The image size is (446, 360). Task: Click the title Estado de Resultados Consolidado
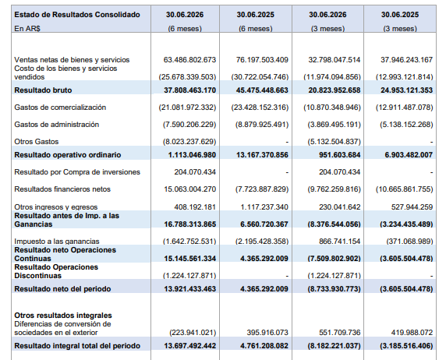click(x=77, y=15)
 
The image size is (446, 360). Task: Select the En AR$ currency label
click(x=27, y=28)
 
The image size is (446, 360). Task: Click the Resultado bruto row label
click(x=43, y=90)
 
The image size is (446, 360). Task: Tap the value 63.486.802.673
click(x=189, y=60)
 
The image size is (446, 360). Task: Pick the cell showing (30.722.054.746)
click(x=260, y=77)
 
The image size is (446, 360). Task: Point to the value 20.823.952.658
click(x=334, y=90)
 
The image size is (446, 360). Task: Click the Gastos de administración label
click(x=57, y=124)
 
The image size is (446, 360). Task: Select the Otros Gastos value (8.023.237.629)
click(x=189, y=142)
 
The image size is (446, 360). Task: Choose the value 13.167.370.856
click(x=262, y=155)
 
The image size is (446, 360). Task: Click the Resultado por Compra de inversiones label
click(x=77, y=172)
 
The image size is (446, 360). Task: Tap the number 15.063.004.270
click(x=189, y=189)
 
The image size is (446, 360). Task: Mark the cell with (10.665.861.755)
click(x=404, y=189)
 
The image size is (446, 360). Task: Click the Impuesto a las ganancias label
click(x=57, y=242)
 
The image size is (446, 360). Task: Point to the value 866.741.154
click(x=340, y=242)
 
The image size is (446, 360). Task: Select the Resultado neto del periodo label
click(x=62, y=289)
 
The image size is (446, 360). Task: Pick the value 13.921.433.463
click(x=189, y=289)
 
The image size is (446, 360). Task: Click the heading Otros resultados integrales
click(x=63, y=316)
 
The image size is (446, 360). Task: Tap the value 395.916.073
click(x=267, y=333)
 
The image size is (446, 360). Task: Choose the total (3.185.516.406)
click(x=406, y=346)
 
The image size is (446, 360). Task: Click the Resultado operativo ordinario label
click(x=68, y=155)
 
